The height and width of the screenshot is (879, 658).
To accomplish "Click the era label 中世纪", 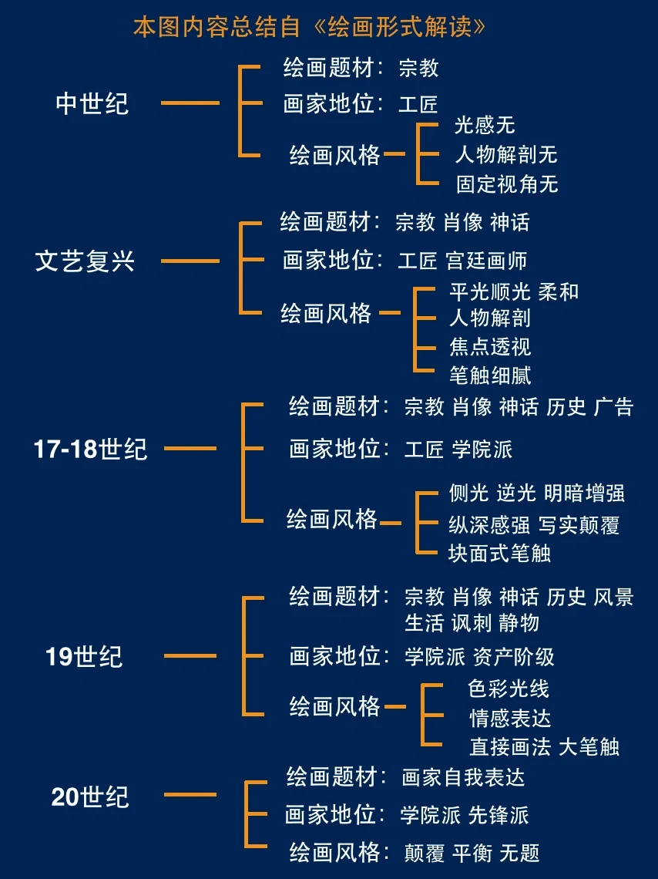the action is [x=92, y=103].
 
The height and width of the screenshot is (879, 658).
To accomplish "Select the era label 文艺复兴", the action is [x=85, y=261].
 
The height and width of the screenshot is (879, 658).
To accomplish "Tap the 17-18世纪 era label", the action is [x=90, y=449].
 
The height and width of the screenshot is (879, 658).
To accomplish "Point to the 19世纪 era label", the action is [x=84, y=657].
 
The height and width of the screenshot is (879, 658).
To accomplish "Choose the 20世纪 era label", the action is [x=90, y=796].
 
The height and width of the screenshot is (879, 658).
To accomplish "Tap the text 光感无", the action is [x=485, y=126].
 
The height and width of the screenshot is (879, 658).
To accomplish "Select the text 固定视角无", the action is [x=506, y=184].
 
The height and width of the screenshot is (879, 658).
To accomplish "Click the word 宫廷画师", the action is [x=486, y=261].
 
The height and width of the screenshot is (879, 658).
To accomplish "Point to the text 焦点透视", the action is [x=490, y=346].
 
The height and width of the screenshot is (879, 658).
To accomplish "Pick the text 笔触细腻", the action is [x=490, y=376].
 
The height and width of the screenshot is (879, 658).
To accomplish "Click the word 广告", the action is [x=613, y=406].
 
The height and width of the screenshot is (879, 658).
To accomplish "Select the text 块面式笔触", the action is [x=499, y=553].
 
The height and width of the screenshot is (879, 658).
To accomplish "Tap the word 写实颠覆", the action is [x=579, y=526].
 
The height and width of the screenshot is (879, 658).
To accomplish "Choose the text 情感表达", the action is [x=510, y=718].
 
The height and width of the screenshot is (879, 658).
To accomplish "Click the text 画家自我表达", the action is [x=463, y=777].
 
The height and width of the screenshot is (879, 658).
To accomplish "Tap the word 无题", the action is [x=519, y=853].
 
